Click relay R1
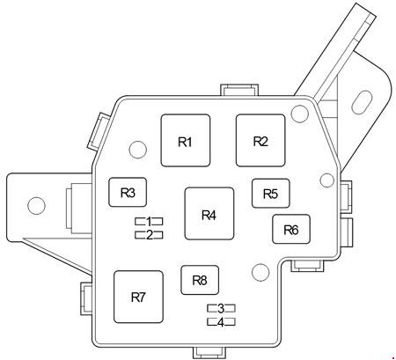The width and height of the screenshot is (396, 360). pos(186,141)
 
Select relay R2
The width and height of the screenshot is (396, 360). pos(260,141)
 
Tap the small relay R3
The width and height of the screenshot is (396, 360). pos(128,192)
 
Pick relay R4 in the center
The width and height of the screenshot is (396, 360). pos(209,214)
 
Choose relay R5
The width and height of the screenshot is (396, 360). pos(271,193)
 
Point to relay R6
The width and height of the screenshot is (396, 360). pos(291,229)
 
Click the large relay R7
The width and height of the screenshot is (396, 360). pos(138,297)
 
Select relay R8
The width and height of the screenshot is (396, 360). pos(200,280)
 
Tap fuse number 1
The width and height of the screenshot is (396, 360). pos(149,221)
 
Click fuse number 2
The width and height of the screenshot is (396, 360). pos(149,235)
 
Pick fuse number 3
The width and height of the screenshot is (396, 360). pos(221,308)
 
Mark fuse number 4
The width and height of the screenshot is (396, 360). pos(221,322)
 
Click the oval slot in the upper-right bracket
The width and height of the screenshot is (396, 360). pos(362,102)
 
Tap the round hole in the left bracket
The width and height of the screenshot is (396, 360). pos(36,205)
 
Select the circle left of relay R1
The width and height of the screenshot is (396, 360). pos(138,149)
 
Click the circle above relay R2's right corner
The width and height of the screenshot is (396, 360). pos(299,114)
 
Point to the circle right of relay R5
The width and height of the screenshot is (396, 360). pos(327,180)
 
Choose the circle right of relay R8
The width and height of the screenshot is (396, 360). pos(260,272)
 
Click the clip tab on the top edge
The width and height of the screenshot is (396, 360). pos(239,90)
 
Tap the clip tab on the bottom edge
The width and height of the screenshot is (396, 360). pos(209,352)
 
